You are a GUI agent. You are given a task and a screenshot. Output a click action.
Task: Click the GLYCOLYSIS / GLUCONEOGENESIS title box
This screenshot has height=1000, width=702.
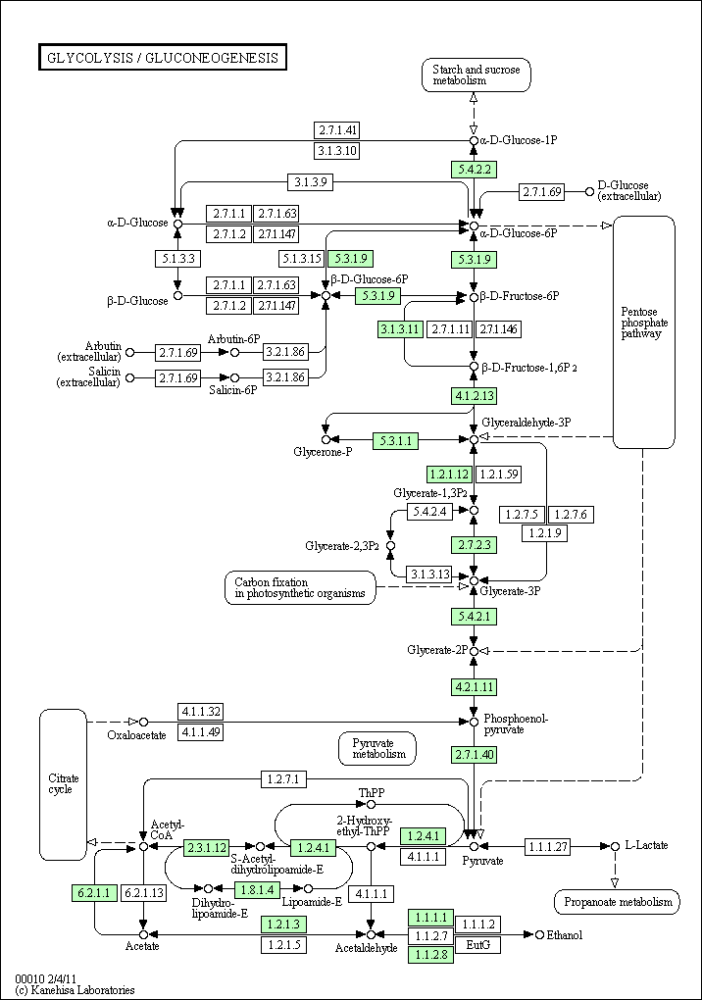[163, 58]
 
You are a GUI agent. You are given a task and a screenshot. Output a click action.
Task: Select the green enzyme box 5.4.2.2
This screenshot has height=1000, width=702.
[474, 170]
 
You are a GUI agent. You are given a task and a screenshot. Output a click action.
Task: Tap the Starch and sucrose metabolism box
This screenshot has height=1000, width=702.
[476, 75]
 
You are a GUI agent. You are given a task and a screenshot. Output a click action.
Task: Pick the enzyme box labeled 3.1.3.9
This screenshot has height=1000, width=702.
[310, 181]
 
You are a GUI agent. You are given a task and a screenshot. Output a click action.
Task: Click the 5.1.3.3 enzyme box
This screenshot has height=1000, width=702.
[177, 259]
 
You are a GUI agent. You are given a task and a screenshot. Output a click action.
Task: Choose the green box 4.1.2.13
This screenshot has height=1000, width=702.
[474, 396]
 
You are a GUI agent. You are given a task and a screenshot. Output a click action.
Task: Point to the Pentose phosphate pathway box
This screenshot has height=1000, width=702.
[644, 332]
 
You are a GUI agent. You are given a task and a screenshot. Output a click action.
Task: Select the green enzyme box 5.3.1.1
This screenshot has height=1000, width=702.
[396, 440]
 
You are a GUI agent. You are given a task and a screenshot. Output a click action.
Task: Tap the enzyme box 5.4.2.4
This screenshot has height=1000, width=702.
[429, 512]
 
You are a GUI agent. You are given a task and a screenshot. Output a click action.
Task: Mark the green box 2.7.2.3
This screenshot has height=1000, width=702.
[474, 545]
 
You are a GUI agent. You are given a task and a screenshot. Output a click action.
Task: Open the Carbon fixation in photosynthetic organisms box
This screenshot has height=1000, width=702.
[300, 588]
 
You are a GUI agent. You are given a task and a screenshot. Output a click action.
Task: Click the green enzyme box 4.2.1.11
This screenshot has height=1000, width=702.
[474, 687]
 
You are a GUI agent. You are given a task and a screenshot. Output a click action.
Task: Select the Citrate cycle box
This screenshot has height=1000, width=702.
[63, 784]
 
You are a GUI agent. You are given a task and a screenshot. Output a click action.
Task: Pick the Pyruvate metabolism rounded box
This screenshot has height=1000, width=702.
[377, 749]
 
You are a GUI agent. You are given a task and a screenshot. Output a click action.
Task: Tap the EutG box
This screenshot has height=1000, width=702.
[477, 945]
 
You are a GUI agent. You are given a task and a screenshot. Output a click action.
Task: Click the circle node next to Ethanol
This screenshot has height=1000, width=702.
[539, 935]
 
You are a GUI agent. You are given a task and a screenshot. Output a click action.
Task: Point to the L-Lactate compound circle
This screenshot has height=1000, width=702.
[615, 846]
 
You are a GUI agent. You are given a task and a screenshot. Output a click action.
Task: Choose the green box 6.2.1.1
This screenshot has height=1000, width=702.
[94, 893]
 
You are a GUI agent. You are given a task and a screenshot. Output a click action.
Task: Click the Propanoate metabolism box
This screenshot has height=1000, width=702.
[618, 902]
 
